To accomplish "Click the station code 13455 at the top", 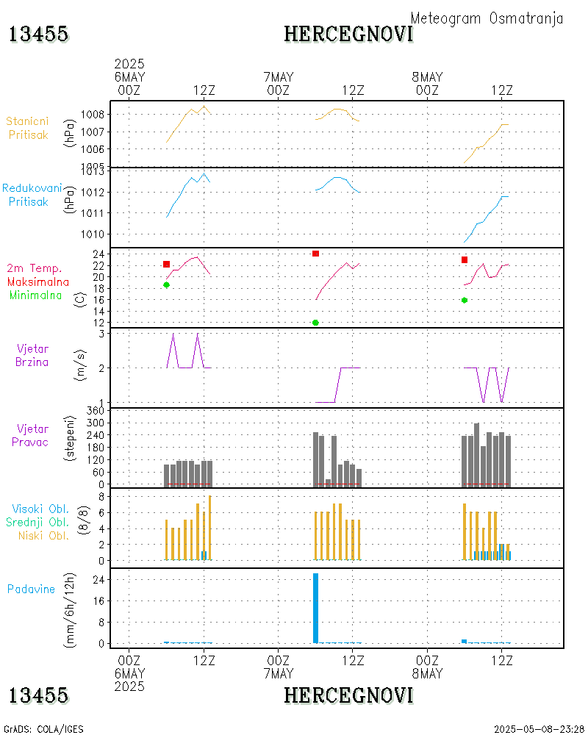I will [39, 34].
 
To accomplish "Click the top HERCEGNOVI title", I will [348, 34].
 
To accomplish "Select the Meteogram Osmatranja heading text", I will [487, 18].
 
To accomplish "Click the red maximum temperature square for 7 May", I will [315, 254].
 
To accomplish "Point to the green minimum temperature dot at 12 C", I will [315, 323].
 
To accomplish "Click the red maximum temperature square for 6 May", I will [166, 264].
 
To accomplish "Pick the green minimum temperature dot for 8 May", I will [465, 300].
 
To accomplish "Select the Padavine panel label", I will [31, 589].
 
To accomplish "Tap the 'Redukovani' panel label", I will [32, 188].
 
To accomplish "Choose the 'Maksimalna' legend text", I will [38, 282].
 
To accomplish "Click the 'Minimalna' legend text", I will [36, 295].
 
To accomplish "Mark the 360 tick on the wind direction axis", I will [95, 409].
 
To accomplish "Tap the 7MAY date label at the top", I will [278, 76].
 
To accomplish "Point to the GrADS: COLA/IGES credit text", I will [44, 729].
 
